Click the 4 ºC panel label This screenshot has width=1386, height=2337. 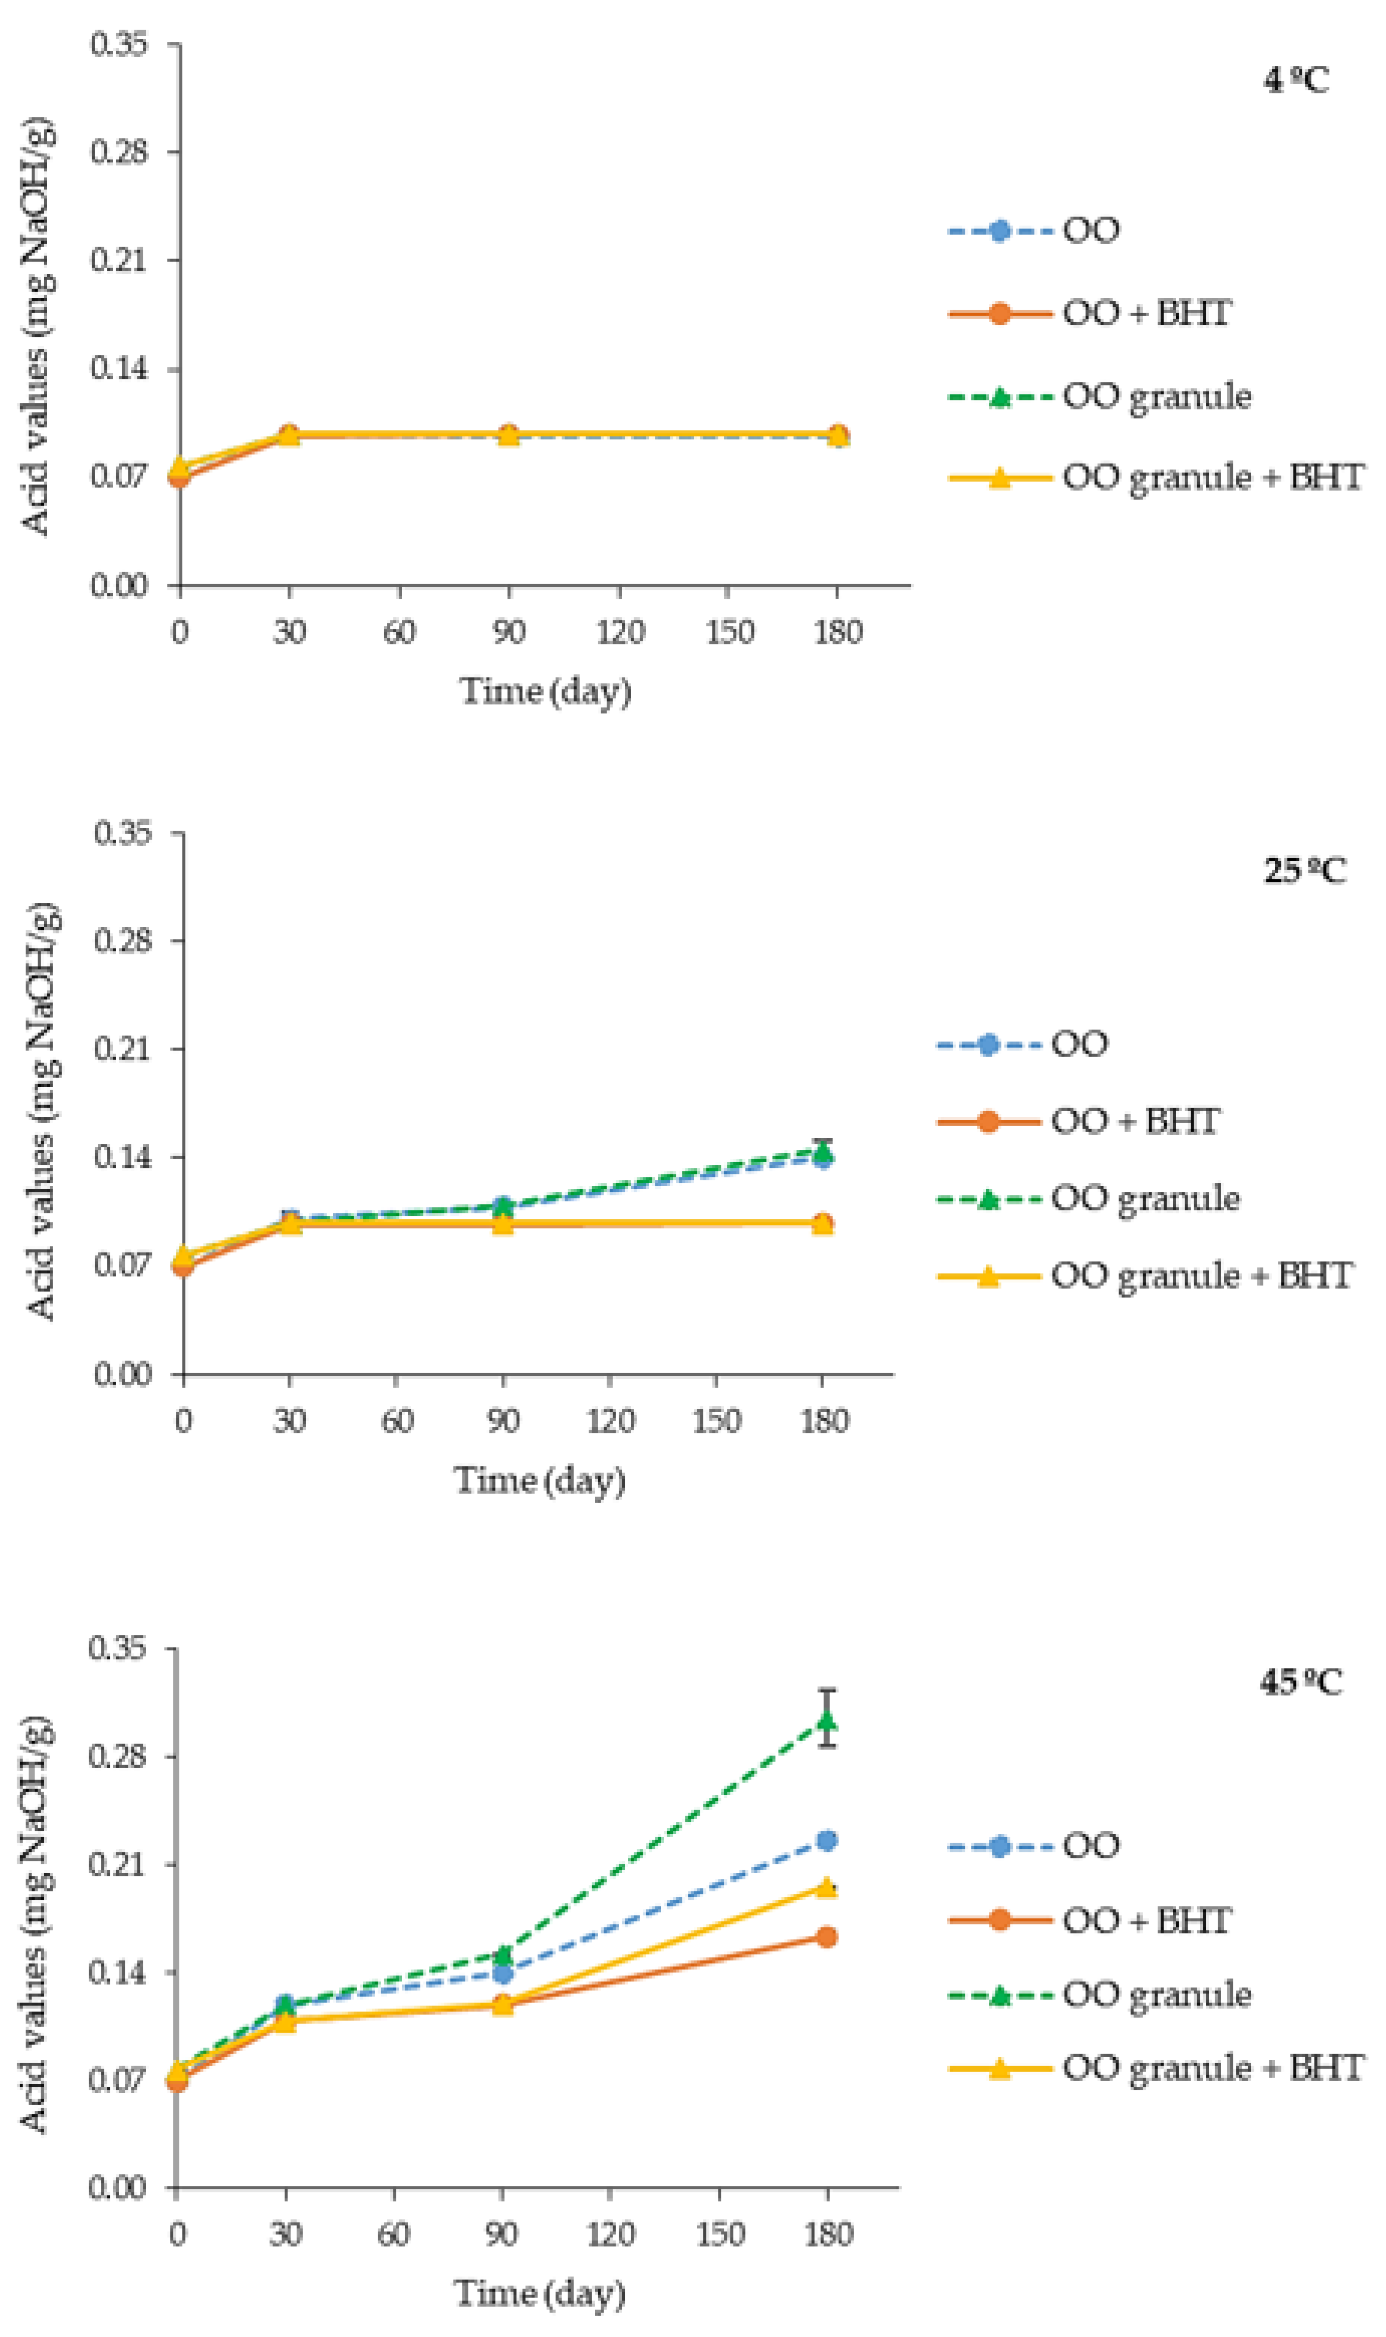(x=1296, y=81)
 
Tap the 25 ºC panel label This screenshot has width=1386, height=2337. (x=1305, y=871)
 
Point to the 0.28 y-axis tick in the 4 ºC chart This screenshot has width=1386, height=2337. (x=120, y=151)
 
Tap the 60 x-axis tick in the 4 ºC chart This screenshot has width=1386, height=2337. (x=400, y=632)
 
